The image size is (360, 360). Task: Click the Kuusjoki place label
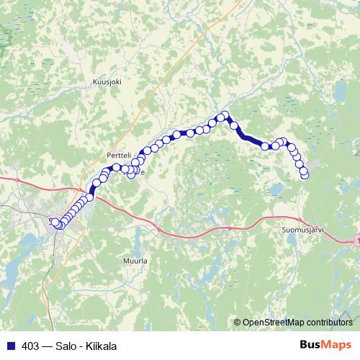pos(108,82)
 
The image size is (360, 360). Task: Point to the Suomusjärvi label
pos(302,230)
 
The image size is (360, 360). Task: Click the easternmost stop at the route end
pos(305,174)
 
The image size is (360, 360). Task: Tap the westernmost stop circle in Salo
pos(53,221)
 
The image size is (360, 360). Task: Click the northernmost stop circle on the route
pos(224,115)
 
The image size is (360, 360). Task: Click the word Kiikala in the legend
pos(97,346)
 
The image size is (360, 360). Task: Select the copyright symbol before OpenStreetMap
pos(238,323)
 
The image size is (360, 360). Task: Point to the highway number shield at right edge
pos(357,239)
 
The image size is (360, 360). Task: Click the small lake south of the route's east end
pos(275,189)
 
